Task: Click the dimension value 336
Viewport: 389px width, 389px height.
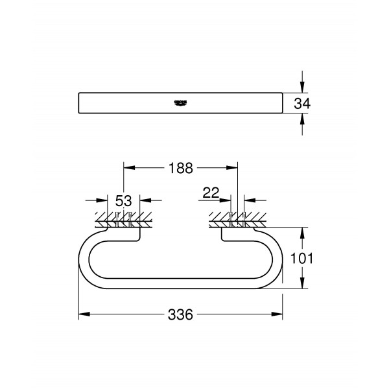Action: [x=181, y=314]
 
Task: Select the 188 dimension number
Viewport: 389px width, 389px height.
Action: [x=181, y=168]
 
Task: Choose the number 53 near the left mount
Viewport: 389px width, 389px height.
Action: [x=123, y=200]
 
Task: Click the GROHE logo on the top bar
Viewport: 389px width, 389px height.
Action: [x=181, y=102]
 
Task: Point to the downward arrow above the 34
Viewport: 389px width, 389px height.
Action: [x=302, y=88]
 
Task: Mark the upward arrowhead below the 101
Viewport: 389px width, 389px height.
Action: [x=302, y=283]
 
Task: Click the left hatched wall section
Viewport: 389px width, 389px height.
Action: [x=123, y=218]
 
